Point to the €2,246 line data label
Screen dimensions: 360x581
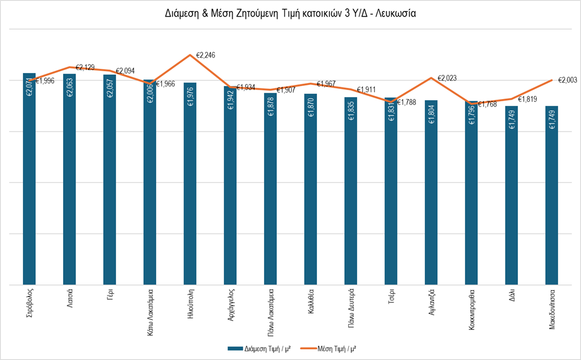point(207,55)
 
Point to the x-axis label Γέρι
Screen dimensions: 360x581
point(110,294)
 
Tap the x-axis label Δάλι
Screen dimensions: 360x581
point(512,294)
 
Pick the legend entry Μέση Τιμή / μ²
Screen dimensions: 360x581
point(326,348)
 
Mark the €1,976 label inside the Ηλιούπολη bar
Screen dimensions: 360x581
point(190,97)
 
